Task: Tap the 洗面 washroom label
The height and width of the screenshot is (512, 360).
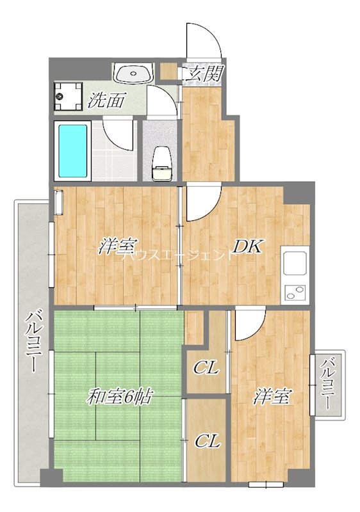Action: click(x=106, y=100)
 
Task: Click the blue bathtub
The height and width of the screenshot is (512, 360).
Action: click(x=72, y=152)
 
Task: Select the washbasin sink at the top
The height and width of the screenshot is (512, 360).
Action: click(x=133, y=74)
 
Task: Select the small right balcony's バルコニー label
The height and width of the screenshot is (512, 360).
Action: click(x=328, y=384)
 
